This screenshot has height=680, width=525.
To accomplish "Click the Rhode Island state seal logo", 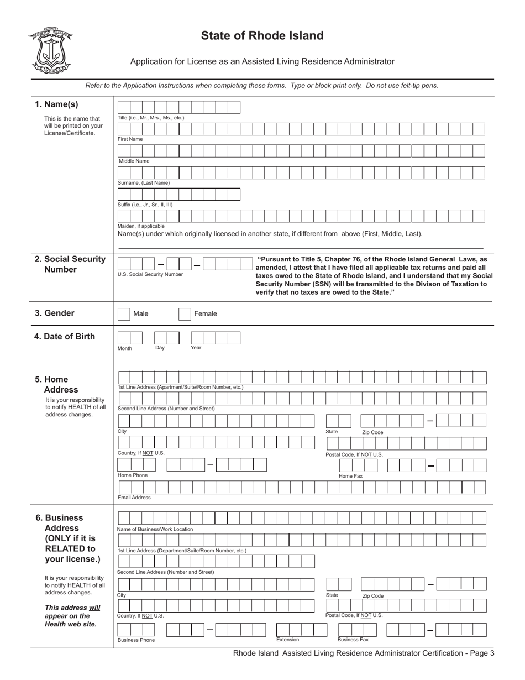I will click(50, 51).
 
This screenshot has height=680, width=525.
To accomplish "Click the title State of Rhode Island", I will click(262, 36).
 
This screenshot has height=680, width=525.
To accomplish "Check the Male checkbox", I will click(124, 314).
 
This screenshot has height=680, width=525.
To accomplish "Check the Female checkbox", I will click(185, 314).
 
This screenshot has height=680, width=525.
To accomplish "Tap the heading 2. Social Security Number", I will click(70, 264).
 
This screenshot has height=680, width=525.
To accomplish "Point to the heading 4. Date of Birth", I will click(65, 337).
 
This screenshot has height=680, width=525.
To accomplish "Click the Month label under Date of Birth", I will click(125, 349).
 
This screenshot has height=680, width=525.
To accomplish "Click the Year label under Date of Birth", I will click(196, 348).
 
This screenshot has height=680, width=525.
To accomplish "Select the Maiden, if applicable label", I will click(141, 226).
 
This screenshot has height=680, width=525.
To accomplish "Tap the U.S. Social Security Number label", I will click(150, 274).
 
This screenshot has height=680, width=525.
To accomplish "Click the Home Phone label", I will click(133, 475).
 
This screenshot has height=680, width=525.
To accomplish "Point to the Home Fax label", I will click(350, 476).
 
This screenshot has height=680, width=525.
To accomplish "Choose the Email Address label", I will click(134, 498).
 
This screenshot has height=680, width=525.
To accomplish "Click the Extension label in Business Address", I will click(287, 640).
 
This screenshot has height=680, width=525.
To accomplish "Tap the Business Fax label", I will click(353, 640).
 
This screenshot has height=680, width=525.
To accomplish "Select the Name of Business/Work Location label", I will click(155, 529).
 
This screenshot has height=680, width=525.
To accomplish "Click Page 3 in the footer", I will click(481, 653).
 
